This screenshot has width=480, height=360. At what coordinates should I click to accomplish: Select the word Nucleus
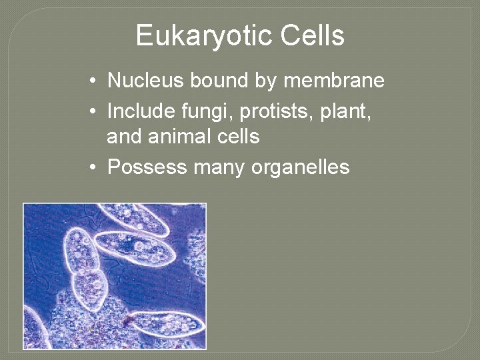click(146, 81)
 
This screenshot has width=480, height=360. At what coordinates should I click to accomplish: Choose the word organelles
click(300, 166)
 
